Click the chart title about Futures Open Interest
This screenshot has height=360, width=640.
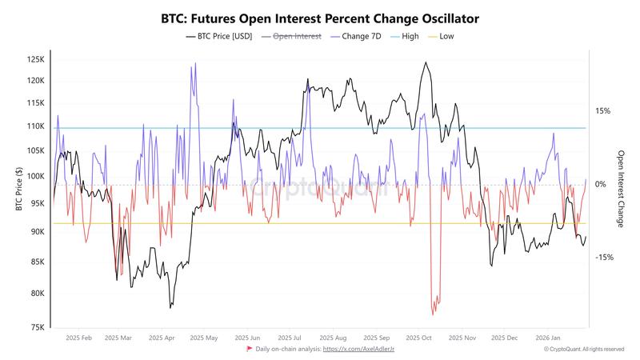320,17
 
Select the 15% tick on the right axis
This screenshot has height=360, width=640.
602,111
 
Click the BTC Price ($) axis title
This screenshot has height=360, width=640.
18,191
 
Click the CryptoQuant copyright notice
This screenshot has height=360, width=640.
583,350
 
